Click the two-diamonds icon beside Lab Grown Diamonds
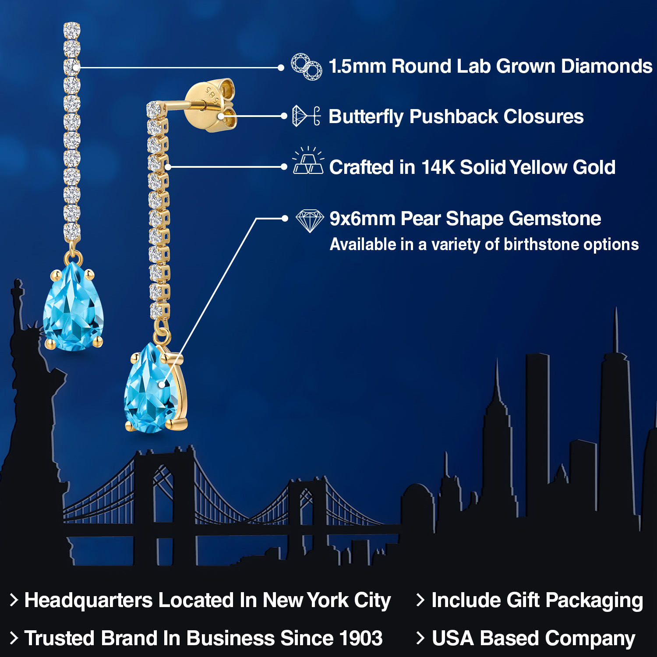click(307, 67)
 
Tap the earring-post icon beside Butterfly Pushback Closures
click(306, 116)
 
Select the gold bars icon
click(308, 161)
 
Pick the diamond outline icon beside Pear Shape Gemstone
click(309, 220)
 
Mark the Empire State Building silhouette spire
click(497, 377)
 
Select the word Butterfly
click(366, 117)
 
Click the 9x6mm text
click(362, 219)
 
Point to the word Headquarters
click(88, 600)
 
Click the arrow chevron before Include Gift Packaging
click(420, 600)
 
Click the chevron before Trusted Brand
click(14, 638)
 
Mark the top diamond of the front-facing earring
click(72, 30)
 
